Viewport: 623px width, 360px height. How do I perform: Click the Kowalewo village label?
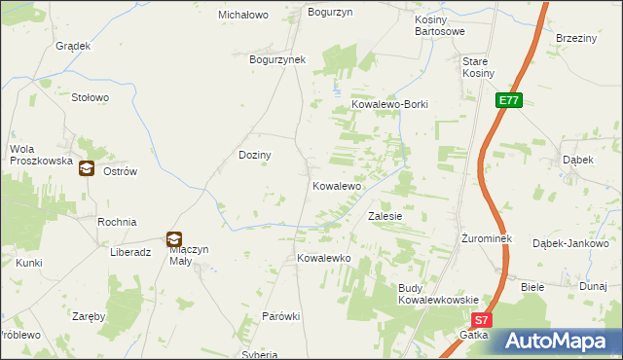click(x=337, y=185)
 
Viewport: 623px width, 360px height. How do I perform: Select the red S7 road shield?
click(x=483, y=319)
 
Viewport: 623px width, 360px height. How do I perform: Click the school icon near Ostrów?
click(x=87, y=168)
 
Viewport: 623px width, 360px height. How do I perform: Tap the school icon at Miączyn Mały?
click(x=173, y=238)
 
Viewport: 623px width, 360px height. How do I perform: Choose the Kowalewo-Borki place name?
click(x=389, y=104)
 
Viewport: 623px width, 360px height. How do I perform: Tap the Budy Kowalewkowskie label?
click(x=437, y=294)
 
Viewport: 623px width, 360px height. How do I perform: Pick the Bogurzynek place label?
click(x=277, y=59)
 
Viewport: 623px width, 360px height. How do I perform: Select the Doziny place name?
click(x=255, y=155)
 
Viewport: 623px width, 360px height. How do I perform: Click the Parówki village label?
click(x=281, y=316)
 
